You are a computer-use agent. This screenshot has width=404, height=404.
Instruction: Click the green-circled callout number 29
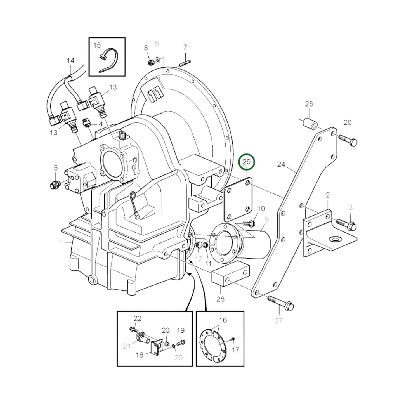point(247,162)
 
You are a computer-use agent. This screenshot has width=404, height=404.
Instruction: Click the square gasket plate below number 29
point(238,200)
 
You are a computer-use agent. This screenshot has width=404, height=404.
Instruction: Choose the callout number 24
point(281,164)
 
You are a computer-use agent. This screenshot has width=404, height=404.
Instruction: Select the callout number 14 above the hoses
point(71,61)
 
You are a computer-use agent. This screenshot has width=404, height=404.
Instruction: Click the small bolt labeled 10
point(249,223)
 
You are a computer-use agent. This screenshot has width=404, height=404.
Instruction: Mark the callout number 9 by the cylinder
point(266,219)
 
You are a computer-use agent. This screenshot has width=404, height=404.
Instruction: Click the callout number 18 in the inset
point(140,355)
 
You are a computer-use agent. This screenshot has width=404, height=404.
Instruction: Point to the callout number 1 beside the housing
point(60,242)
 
